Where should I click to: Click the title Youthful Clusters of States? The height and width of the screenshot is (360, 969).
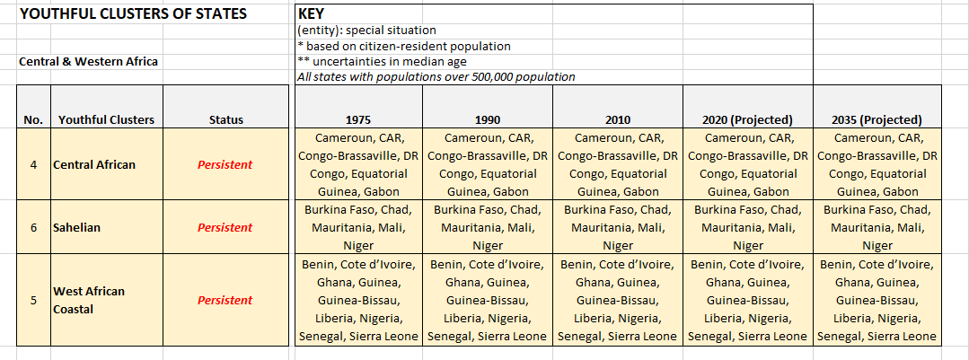pyautogui.click(x=133, y=14)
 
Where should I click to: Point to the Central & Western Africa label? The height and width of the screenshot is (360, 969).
pyautogui.click(x=88, y=62)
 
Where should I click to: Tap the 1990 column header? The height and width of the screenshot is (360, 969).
pyautogui.click(x=488, y=119)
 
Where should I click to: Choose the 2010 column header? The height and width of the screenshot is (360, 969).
pyautogui.click(x=618, y=119)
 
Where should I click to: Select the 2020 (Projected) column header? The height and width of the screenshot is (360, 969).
pyautogui.click(x=748, y=119)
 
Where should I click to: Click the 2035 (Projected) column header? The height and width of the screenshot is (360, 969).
pyautogui.click(x=877, y=119)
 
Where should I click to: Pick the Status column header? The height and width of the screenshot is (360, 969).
pyautogui.click(x=225, y=119)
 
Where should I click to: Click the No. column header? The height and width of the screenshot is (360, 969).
pyautogui.click(x=33, y=119)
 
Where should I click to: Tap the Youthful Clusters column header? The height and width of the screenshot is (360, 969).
pyautogui.click(x=106, y=119)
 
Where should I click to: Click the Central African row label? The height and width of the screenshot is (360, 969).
pyautogui.click(x=95, y=164)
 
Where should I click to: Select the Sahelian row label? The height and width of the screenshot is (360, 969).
pyautogui.click(x=76, y=227)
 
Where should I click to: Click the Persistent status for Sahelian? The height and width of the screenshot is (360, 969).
pyautogui.click(x=225, y=227)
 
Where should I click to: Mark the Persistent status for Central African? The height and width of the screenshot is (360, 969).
pyautogui.click(x=225, y=164)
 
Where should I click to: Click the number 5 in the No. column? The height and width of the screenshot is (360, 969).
pyautogui.click(x=33, y=300)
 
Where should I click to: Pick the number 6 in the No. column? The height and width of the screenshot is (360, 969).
pyautogui.click(x=33, y=227)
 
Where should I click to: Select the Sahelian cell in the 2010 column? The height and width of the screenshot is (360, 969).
pyautogui.click(x=618, y=227)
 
